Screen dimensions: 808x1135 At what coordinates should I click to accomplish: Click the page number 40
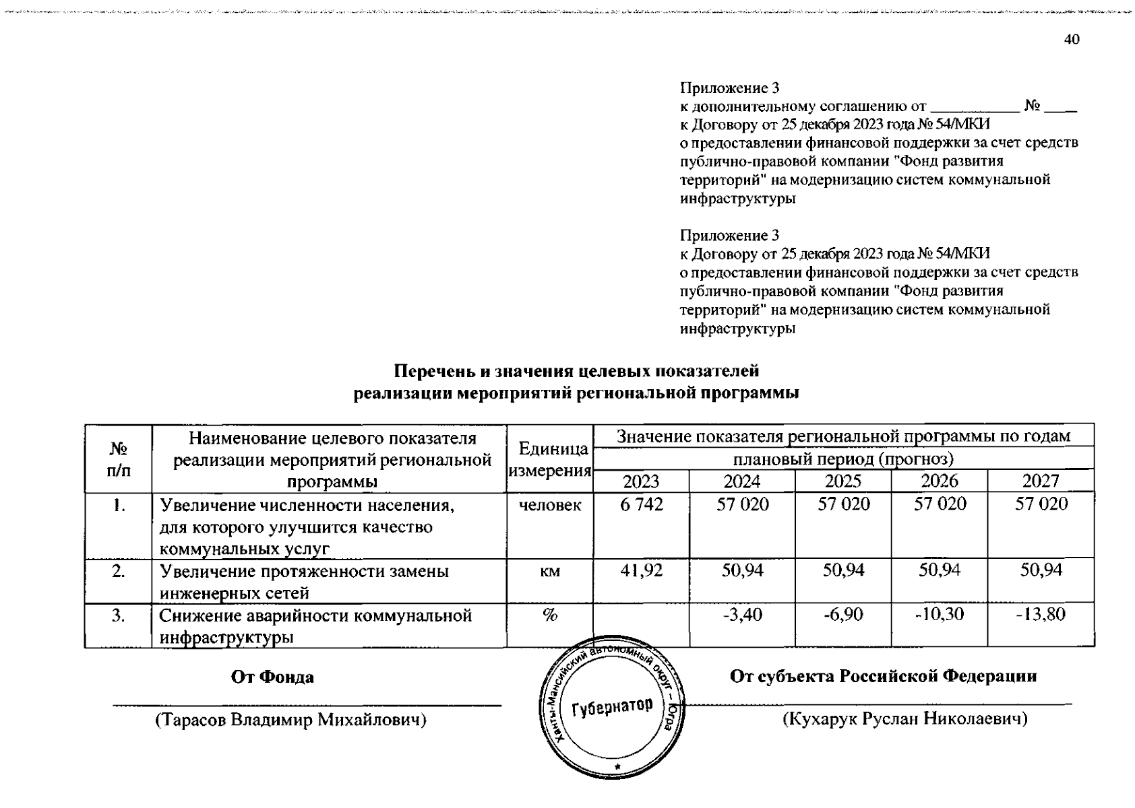1072,40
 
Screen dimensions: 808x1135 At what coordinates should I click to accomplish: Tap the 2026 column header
939,481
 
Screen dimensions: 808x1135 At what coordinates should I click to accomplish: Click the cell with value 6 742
641,504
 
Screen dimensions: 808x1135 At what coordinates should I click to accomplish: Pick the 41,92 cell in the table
641,571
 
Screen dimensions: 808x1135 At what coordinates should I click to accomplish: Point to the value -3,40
742,615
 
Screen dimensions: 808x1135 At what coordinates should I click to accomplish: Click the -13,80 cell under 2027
1041,615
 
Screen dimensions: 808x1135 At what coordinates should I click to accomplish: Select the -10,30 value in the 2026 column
939,615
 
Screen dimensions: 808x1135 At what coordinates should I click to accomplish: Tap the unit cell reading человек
550,505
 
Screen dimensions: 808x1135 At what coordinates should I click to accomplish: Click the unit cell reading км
550,572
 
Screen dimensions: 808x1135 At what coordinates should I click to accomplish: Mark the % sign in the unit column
550,615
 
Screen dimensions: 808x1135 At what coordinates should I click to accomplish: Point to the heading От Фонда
272,677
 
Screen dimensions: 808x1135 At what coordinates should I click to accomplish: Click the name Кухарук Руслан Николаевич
904,719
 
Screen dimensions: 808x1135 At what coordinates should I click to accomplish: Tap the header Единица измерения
550,459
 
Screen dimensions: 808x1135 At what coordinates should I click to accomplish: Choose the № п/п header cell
119,459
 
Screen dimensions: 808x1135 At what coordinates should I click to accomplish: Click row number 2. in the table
119,572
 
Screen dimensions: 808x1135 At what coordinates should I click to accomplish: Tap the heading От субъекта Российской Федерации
883,676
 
